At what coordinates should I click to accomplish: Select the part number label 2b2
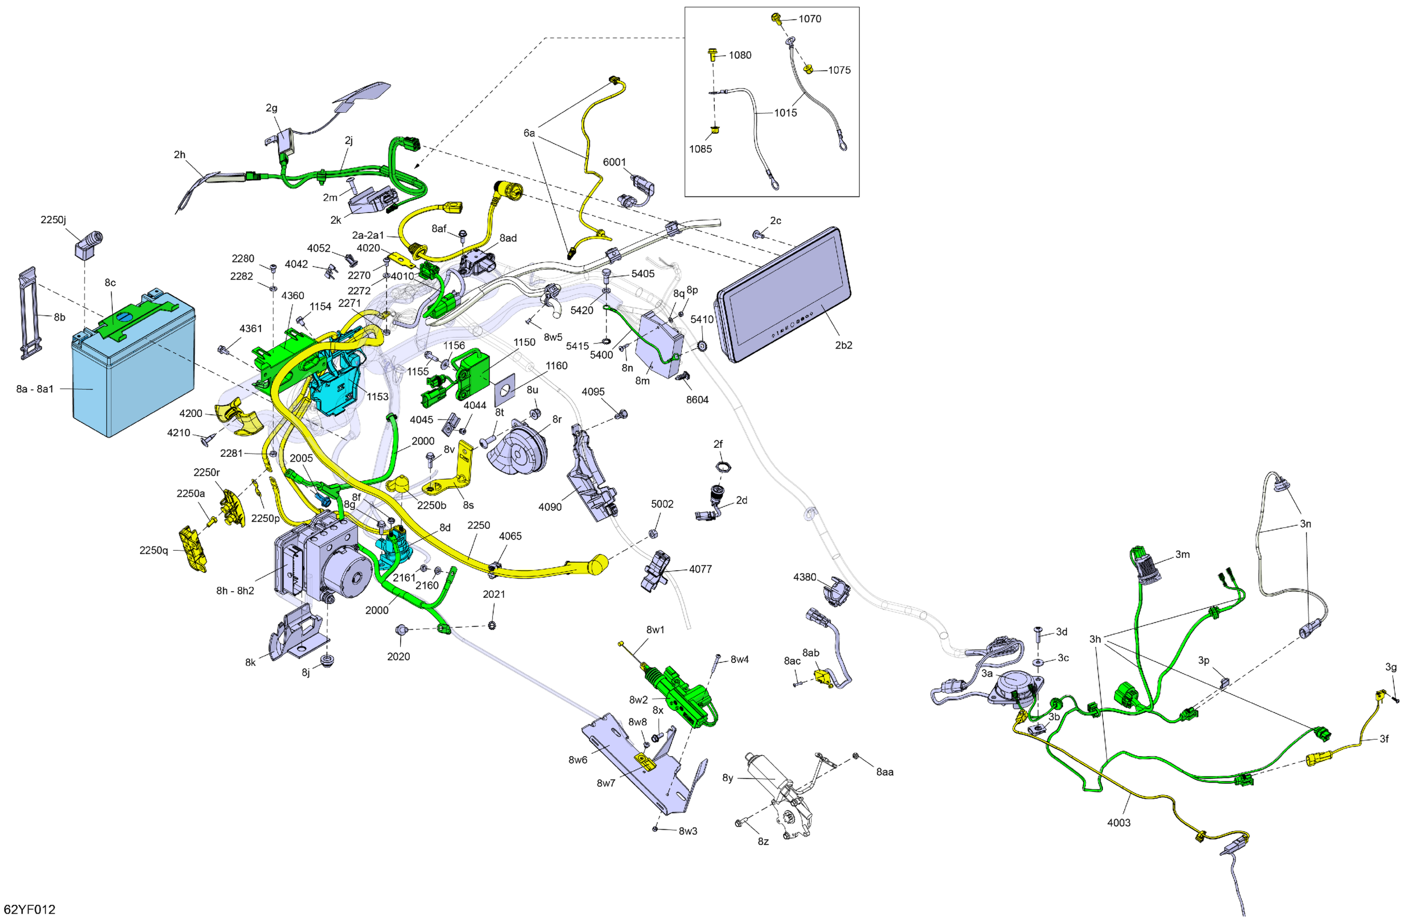click(x=843, y=345)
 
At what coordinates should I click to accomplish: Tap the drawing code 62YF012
click(x=29, y=909)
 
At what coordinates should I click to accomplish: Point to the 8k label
click(x=250, y=662)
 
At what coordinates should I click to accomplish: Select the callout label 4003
click(x=1118, y=823)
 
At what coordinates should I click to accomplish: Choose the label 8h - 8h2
click(x=235, y=591)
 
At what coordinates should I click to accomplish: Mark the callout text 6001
click(x=614, y=162)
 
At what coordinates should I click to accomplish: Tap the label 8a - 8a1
click(x=35, y=389)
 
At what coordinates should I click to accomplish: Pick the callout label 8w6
click(x=577, y=759)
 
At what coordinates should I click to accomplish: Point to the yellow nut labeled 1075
click(x=808, y=70)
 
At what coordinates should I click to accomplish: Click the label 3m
click(x=1182, y=555)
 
